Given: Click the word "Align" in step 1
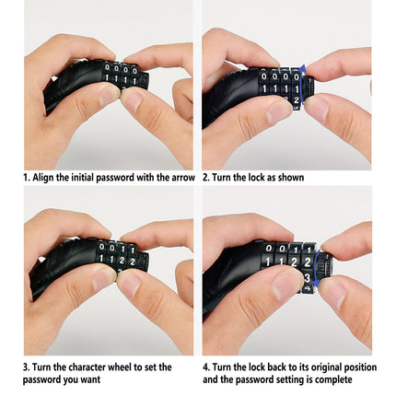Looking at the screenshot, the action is point(43,178).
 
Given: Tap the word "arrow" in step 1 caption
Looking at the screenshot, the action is point(183,178).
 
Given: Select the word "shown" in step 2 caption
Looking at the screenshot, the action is point(291,178).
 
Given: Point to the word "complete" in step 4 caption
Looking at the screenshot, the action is point(333,379).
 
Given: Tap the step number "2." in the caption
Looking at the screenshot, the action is point(206,178).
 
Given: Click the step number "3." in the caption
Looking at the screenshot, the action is point(27,367).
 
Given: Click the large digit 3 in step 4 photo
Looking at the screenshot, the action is point(307,277).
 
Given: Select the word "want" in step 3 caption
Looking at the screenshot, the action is point(90,380).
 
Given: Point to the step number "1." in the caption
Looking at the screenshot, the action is point(27,178).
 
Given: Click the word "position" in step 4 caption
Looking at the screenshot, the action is point(360,367).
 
